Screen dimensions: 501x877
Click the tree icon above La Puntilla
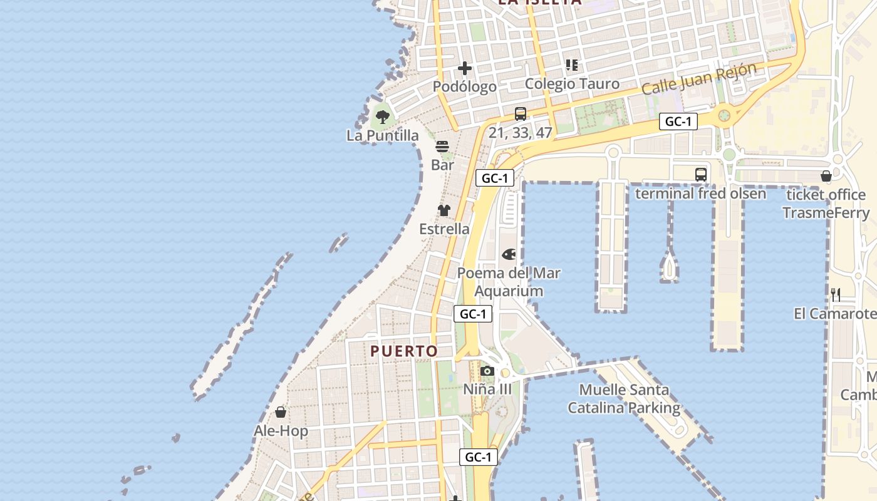pyautogui.click(x=382, y=116)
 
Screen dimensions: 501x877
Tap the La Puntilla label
pyautogui.click(x=383, y=135)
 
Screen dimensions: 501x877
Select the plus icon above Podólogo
pyautogui.click(x=465, y=68)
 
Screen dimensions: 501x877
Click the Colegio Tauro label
pyautogui.click(x=572, y=84)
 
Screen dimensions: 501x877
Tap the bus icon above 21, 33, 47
pyautogui.click(x=521, y=114)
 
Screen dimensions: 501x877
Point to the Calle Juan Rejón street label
pyautogui.click(x=698, y=80)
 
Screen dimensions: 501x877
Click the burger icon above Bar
pyautogui.click(x=442, y=147)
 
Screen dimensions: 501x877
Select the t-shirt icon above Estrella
pyautogui.click(x=444, y=210)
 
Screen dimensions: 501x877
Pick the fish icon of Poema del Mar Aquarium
pyautogui.click(x=509, y=254)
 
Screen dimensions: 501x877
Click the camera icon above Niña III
pyautogui.click(x=487, y=371)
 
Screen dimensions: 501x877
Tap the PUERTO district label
pyautogui.click(x=404, y=351)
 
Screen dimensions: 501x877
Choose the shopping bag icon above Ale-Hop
pyautogui.click(x=281, y=412)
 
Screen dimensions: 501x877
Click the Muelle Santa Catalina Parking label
pyautogui.click(x=624, y=399)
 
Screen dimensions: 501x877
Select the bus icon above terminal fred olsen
pyautogui.click(x=701, y=175)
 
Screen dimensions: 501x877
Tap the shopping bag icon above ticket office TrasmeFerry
pyautogui.click(x=826, y=176)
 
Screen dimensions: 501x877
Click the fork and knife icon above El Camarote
pyautogui.click(x=835, y=294)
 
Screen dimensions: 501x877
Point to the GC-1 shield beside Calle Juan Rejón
pyautogui.click(x=678, y=121)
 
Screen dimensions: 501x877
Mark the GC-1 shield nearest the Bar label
pyautogui.click(x=495, y=178)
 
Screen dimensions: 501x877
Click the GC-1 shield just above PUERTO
pyautogui.click(x=473, y=314)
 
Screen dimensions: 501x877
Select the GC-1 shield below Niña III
pyautogui.click(x=479, y=457)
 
